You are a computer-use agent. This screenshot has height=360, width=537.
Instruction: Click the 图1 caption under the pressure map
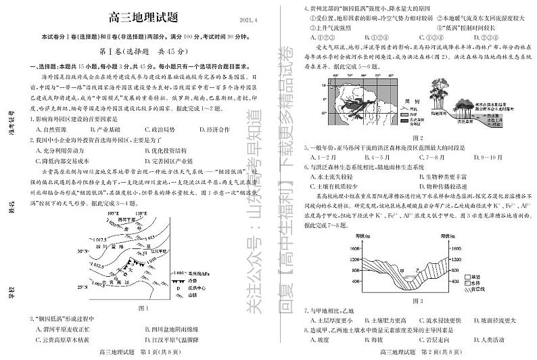[x=142, y=307]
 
